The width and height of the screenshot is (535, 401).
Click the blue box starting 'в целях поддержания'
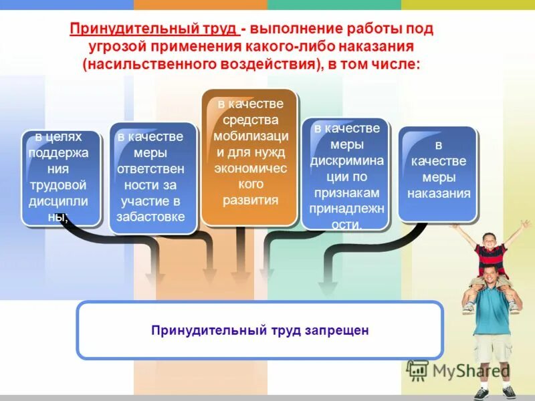pos(61,177)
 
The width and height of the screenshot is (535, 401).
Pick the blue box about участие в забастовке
pos(152,177)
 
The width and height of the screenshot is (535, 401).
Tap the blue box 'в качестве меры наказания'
pos(438,172)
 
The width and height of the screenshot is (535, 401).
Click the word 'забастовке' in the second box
pos(150,217)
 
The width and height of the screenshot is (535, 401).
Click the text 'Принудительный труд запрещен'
pos(259,330)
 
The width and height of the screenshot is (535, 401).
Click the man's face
pos(492,276)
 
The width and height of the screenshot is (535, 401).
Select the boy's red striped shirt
pos(491,257)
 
